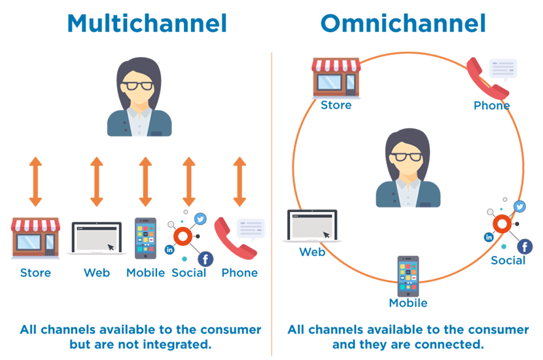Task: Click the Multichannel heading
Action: tap(147, 24)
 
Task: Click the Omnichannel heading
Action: tap(402, 24)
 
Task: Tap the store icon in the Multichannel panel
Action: tap(35, 236)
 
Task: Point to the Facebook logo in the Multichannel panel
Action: tap(205, 259)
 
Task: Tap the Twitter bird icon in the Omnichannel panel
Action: tap(520, 207)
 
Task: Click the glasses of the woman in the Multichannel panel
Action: tap(139, 86)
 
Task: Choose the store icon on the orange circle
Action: tap(336, 77)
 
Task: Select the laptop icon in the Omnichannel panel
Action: tap(312, 226)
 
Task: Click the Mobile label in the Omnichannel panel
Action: tap(408, 303)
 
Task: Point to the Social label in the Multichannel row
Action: tap(189, 272)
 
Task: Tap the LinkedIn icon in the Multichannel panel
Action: tap(170, 249)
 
